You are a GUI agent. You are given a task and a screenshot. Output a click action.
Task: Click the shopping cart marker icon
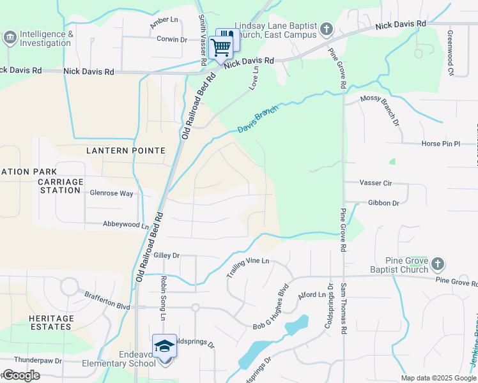tap(220, 47)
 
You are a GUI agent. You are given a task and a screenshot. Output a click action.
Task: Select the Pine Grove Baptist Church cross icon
tap(438, 264)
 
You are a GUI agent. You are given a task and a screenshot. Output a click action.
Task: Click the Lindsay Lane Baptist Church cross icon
tap(326, 29)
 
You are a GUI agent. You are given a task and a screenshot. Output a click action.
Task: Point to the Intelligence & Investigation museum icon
tap(10, 38)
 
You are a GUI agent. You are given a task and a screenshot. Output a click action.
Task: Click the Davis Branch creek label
tap(258, 119)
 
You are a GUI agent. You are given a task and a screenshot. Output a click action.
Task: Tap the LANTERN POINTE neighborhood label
tap(126, 151)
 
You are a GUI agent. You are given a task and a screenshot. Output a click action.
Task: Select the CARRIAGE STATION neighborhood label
tap(61, 186)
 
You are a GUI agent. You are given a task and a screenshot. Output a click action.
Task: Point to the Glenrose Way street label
tap(111, 193)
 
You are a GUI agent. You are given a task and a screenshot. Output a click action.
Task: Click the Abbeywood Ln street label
tap(126, 225)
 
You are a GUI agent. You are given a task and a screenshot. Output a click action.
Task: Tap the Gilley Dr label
tap(167, 255)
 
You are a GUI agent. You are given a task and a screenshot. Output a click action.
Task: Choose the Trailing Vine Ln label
tap(248, 267)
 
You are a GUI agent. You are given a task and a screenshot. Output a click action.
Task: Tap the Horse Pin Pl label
tap(441, 144)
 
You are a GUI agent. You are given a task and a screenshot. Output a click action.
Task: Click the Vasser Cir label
tap(375, 183)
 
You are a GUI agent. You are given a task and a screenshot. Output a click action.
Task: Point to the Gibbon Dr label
tap(383, 203)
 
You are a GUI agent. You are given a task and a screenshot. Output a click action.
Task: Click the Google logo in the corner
tap(22, 375)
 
